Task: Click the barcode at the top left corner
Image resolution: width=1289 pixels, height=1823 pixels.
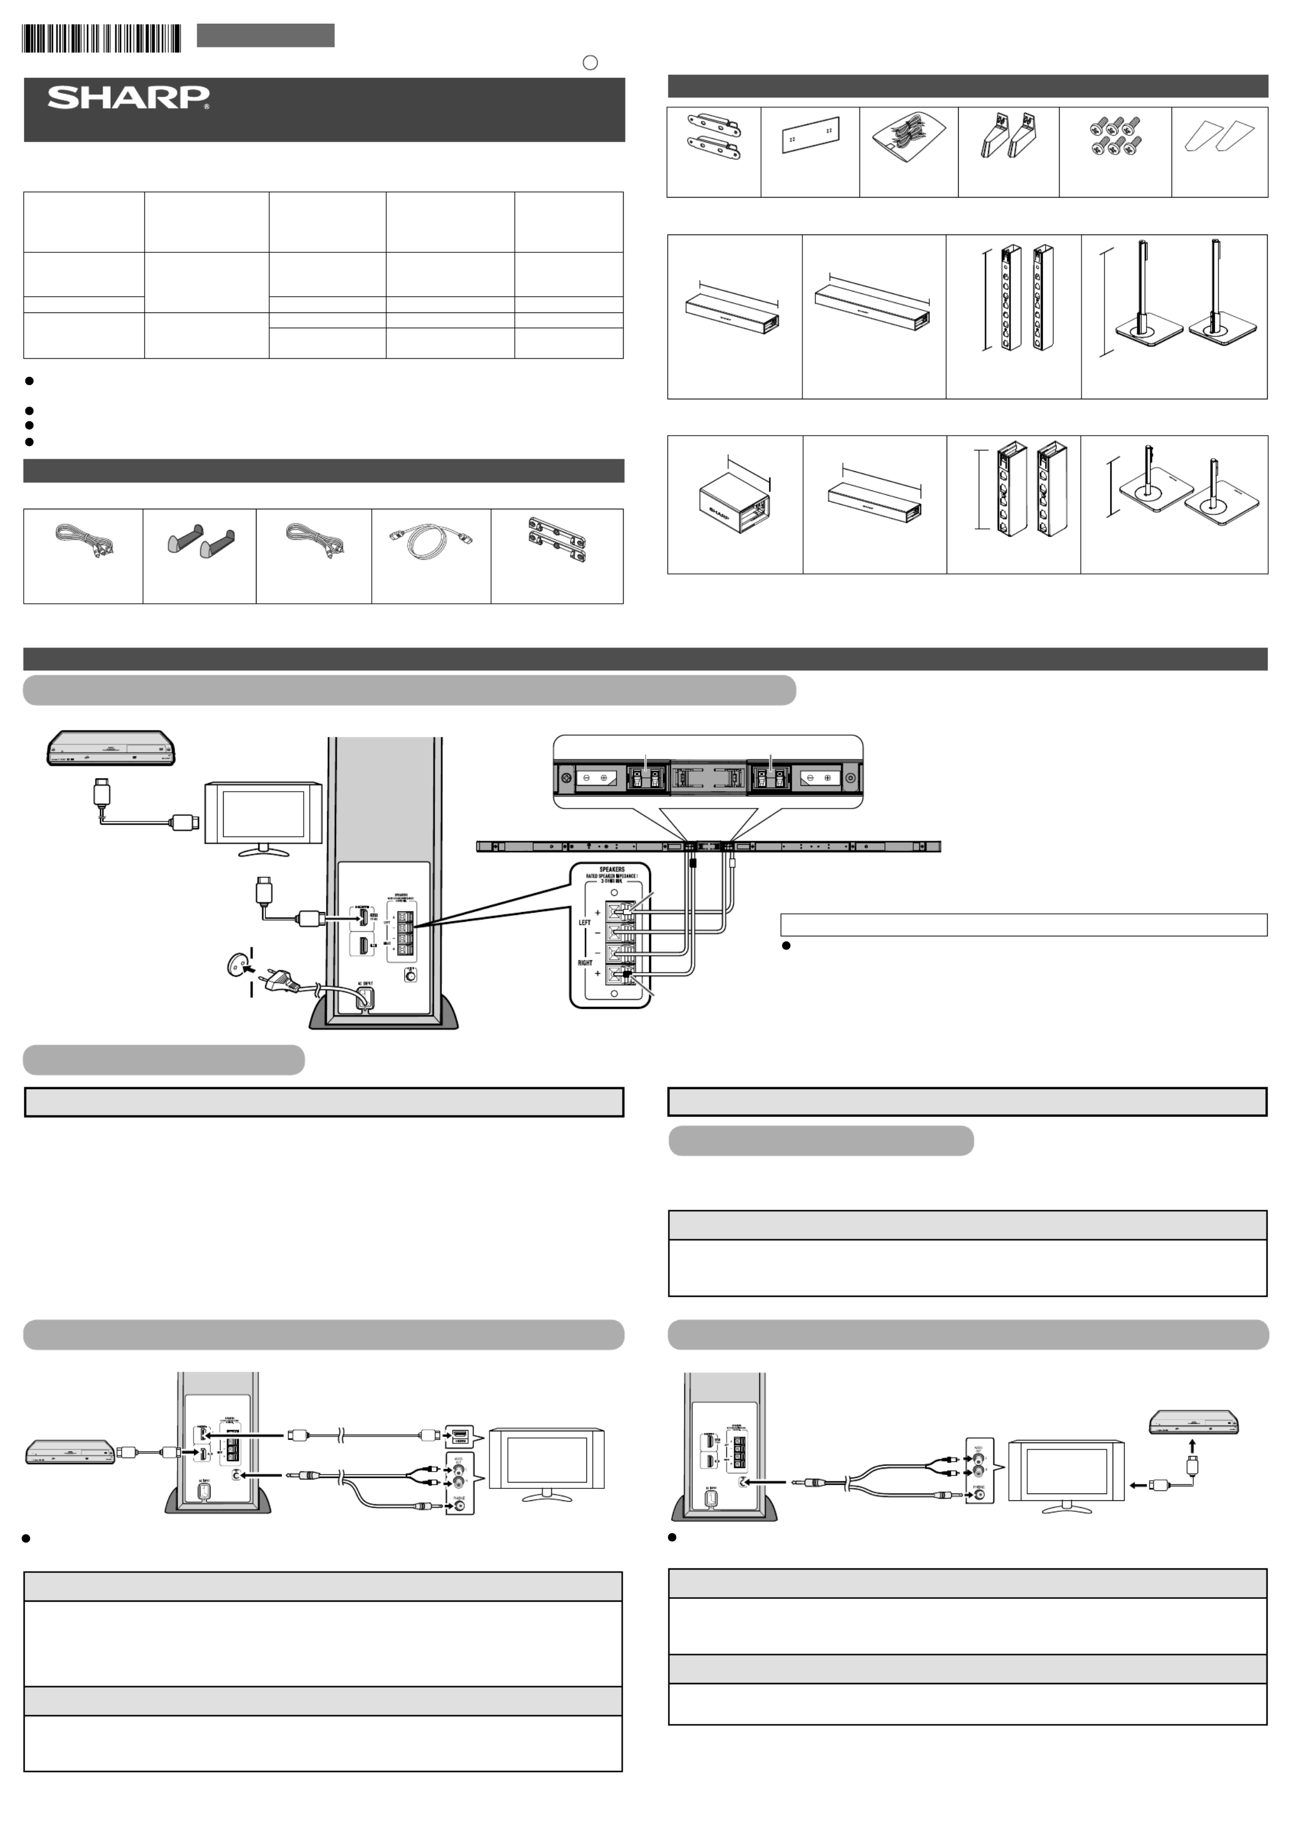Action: click(101, 38)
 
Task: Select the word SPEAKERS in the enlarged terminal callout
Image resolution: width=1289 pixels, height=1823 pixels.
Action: click(612, 869)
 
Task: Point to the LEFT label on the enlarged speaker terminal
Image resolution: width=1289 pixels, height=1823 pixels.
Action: click(585, 922)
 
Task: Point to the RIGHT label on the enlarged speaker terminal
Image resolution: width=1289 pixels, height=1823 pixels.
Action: click(585, 963)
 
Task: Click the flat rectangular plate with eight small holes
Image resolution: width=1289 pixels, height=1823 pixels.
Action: click(810, 134)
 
